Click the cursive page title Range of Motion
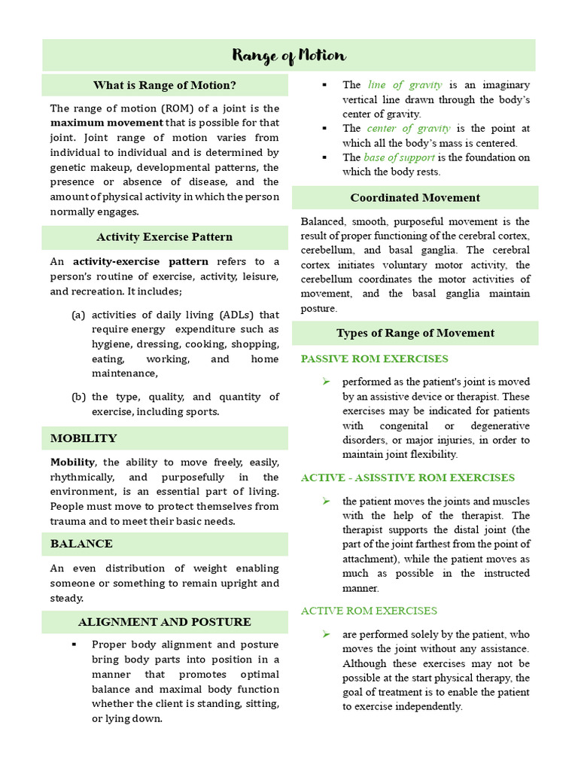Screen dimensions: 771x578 tap(289, 56)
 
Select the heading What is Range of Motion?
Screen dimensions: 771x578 tap(164, 85)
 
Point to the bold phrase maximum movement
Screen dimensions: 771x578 tap(106, 123)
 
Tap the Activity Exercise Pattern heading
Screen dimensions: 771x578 tap(164, 237)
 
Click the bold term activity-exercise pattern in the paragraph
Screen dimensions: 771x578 tap(141, 262)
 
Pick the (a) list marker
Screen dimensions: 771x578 tap(78, 315)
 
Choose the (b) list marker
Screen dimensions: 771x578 tap(78, 397)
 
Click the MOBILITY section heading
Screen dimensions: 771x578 tap(84, 438)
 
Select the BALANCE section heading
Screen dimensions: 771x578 tap(81, 544)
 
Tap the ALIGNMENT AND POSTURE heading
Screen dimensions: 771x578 tap(164, 622)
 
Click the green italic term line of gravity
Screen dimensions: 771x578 tap(404, 85)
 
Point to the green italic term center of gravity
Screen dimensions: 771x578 tap(409, 129)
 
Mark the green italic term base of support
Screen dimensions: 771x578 tap(399, 157)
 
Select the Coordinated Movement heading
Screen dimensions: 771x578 tap(415, 198)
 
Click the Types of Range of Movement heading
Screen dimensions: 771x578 tap(415, 333)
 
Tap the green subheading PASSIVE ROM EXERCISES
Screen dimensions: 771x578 tap(374, 359)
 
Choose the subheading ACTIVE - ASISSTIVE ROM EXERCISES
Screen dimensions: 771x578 tap(407, 478)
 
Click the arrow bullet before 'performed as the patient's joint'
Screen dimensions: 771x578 tap(326, 382)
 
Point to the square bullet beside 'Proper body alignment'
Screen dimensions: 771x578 tap(74, 645)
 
